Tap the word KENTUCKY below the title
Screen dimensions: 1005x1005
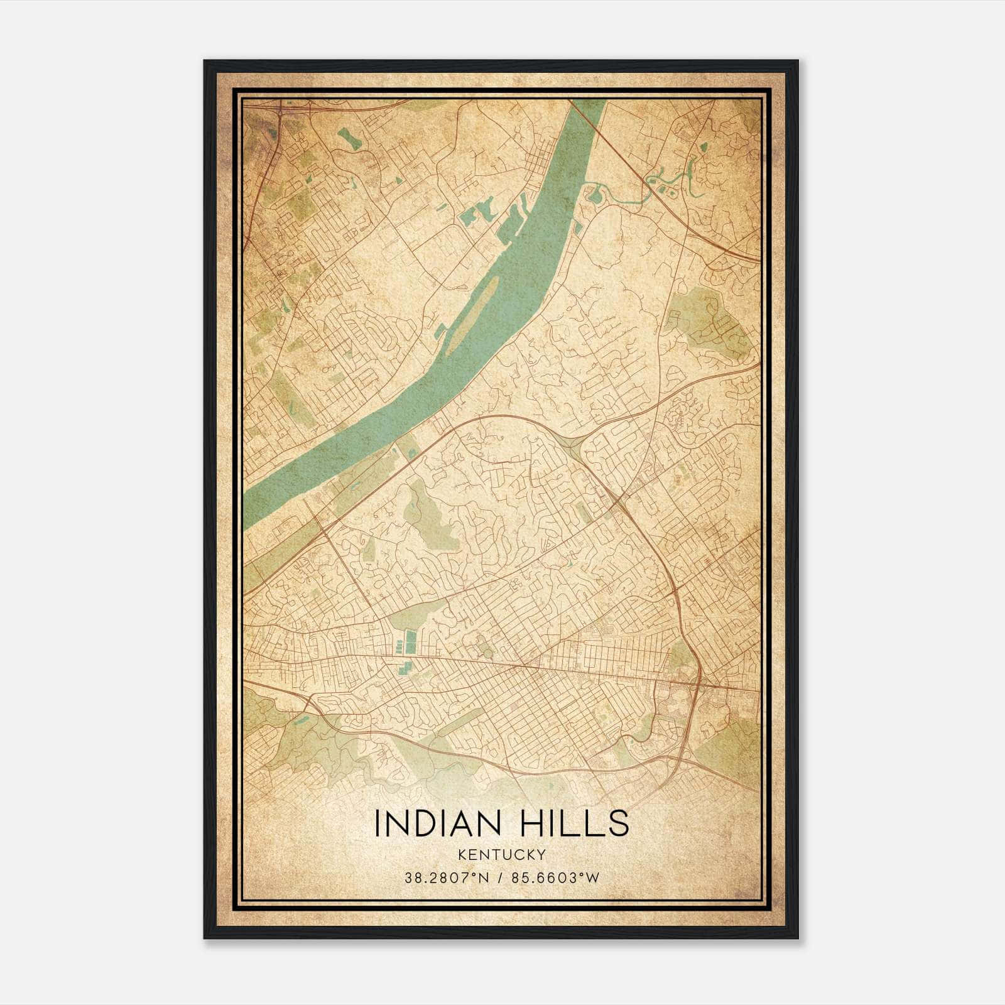click(501, 855)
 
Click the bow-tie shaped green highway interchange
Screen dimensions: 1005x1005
click(573, 445)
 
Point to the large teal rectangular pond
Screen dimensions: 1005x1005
click(411, 641)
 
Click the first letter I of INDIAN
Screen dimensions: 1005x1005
click(377, 823)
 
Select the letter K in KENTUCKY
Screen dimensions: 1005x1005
click(462, 855)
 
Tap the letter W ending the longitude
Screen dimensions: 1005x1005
click(594, 877)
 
